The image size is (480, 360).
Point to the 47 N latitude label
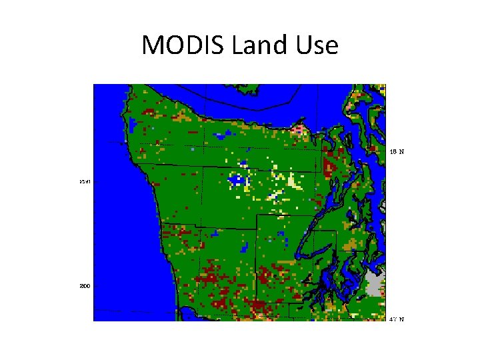(x=397, y=319)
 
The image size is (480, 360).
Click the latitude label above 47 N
(x=397, y=151)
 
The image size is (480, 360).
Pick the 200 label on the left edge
(x=85, y=285)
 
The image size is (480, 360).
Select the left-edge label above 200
(x=85, y=181)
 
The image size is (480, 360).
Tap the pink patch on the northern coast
(x=297, y=128)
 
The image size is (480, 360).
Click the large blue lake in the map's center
(x=236, y=179)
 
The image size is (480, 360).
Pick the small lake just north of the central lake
(x=244, y=163)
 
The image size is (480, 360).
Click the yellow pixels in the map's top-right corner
(x=380, y=87)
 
